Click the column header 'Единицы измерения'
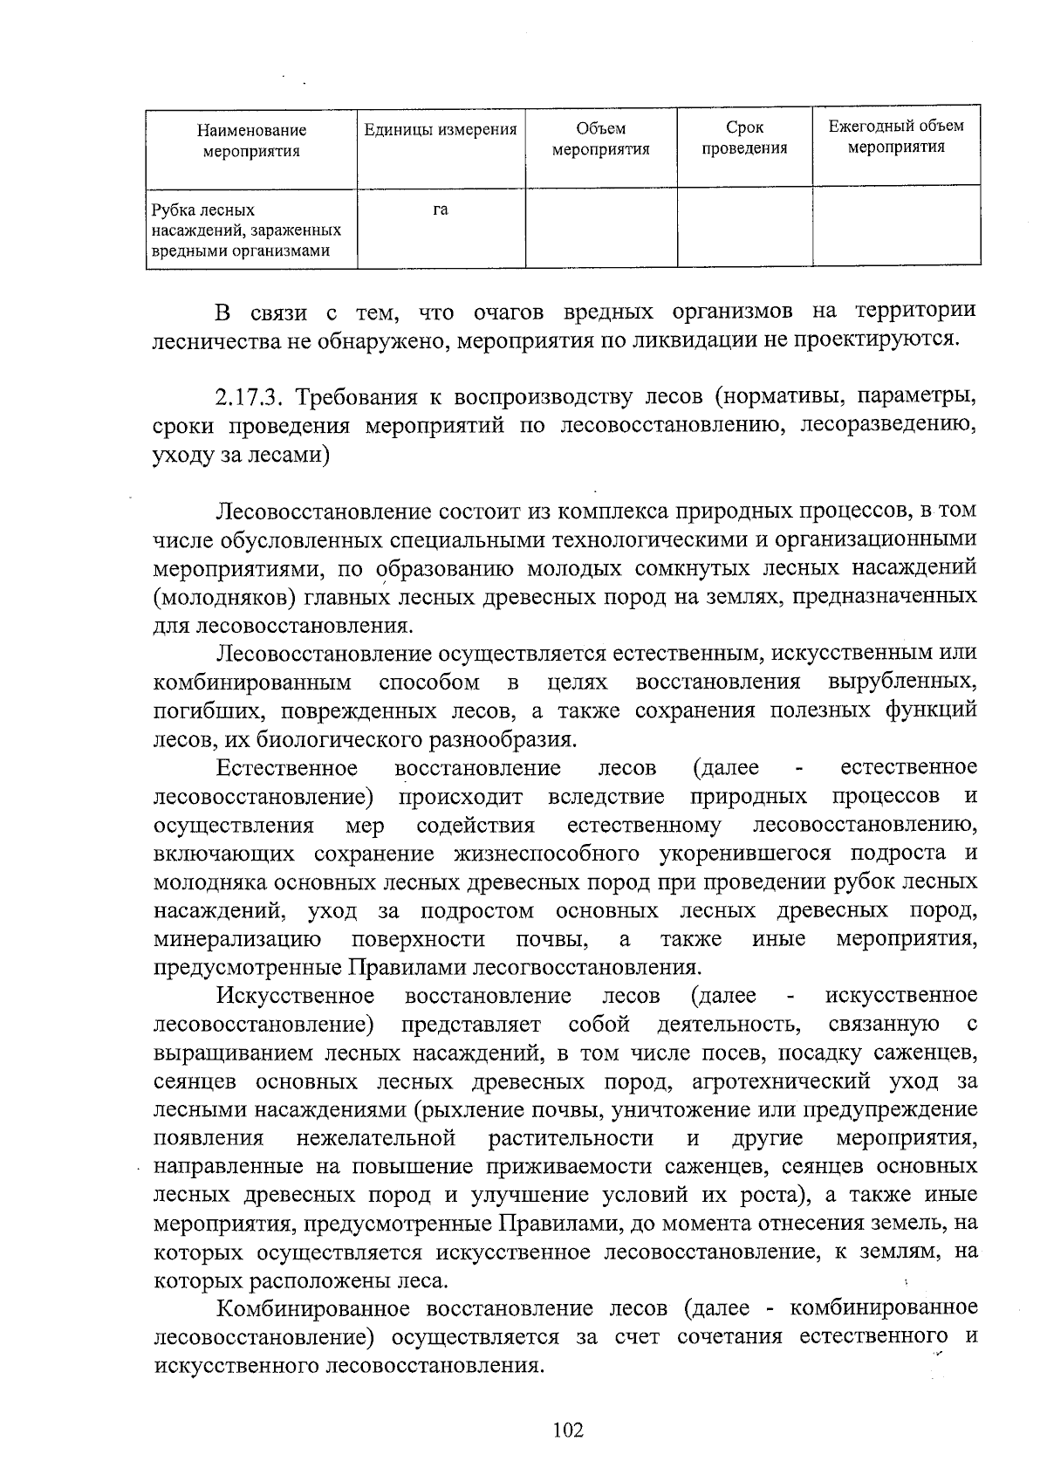440,130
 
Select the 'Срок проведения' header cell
744,139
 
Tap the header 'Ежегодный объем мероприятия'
896,136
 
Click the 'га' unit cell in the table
440,209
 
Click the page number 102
567,1431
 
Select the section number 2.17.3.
247,397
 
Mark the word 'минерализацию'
236,940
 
